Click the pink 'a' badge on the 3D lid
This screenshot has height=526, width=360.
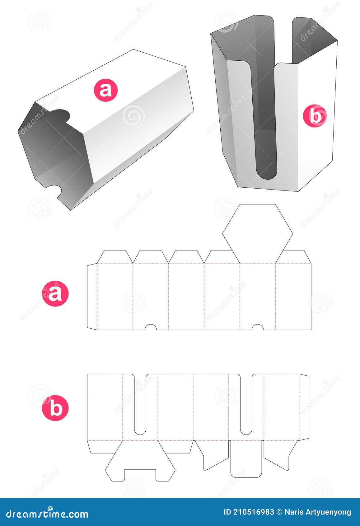pos(106,90)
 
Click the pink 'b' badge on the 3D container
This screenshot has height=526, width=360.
pos(316,116)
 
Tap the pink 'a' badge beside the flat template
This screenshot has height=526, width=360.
pos(55,294)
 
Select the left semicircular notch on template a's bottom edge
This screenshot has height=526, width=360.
pos(151,327)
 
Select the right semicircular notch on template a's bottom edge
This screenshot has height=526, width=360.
pos(257,327)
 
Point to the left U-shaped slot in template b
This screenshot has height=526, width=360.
pos(140,405)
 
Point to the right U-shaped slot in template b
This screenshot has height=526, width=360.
pos(246,405)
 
